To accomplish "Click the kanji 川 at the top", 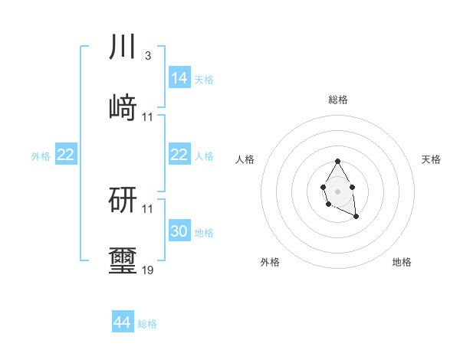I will click(123, 47).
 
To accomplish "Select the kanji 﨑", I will click(123, 109).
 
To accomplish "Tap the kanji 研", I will click(123, 201).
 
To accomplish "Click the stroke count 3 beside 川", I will click(147, 56).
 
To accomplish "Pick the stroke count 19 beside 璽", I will click(148, 270).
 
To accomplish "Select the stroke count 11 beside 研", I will click(148, 209).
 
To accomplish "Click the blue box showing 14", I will click(179, 78).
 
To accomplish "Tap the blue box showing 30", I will click(179, 231).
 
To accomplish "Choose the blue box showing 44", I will click(123, 323).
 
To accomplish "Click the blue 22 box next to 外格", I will click(66, 155).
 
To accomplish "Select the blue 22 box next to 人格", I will click(179, 155).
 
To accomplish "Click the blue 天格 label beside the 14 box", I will click(204, 79).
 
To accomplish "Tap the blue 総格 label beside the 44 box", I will click(147, 324).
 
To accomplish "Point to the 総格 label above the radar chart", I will click(338, 100).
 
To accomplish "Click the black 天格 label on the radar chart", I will click(431, 159).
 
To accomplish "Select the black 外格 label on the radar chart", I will click(270, 262).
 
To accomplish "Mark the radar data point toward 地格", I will click(356, 218).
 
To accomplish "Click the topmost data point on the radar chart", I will click(338, 161).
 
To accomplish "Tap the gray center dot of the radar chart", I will click(338, 190).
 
